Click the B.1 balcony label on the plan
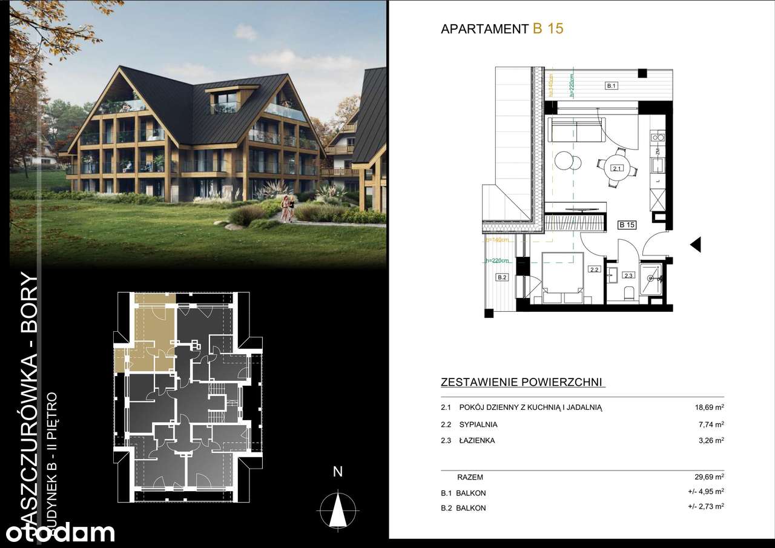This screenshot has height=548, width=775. (612, 87)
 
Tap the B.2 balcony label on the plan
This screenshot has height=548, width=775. (501, 278)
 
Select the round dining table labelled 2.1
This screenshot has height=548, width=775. (616, 168)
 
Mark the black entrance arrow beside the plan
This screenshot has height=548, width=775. (696, 244)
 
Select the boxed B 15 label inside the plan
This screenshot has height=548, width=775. (627, 225)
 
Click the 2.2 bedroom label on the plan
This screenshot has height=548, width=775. (594, 270)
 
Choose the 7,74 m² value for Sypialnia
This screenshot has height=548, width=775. (711, 424)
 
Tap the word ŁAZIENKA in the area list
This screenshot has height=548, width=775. (477, 441)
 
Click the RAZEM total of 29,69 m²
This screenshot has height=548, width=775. (710, 477)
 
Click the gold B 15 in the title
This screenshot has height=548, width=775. (548, 29)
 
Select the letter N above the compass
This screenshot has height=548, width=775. (338, 472)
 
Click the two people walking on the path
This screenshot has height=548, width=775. (288, 208)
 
